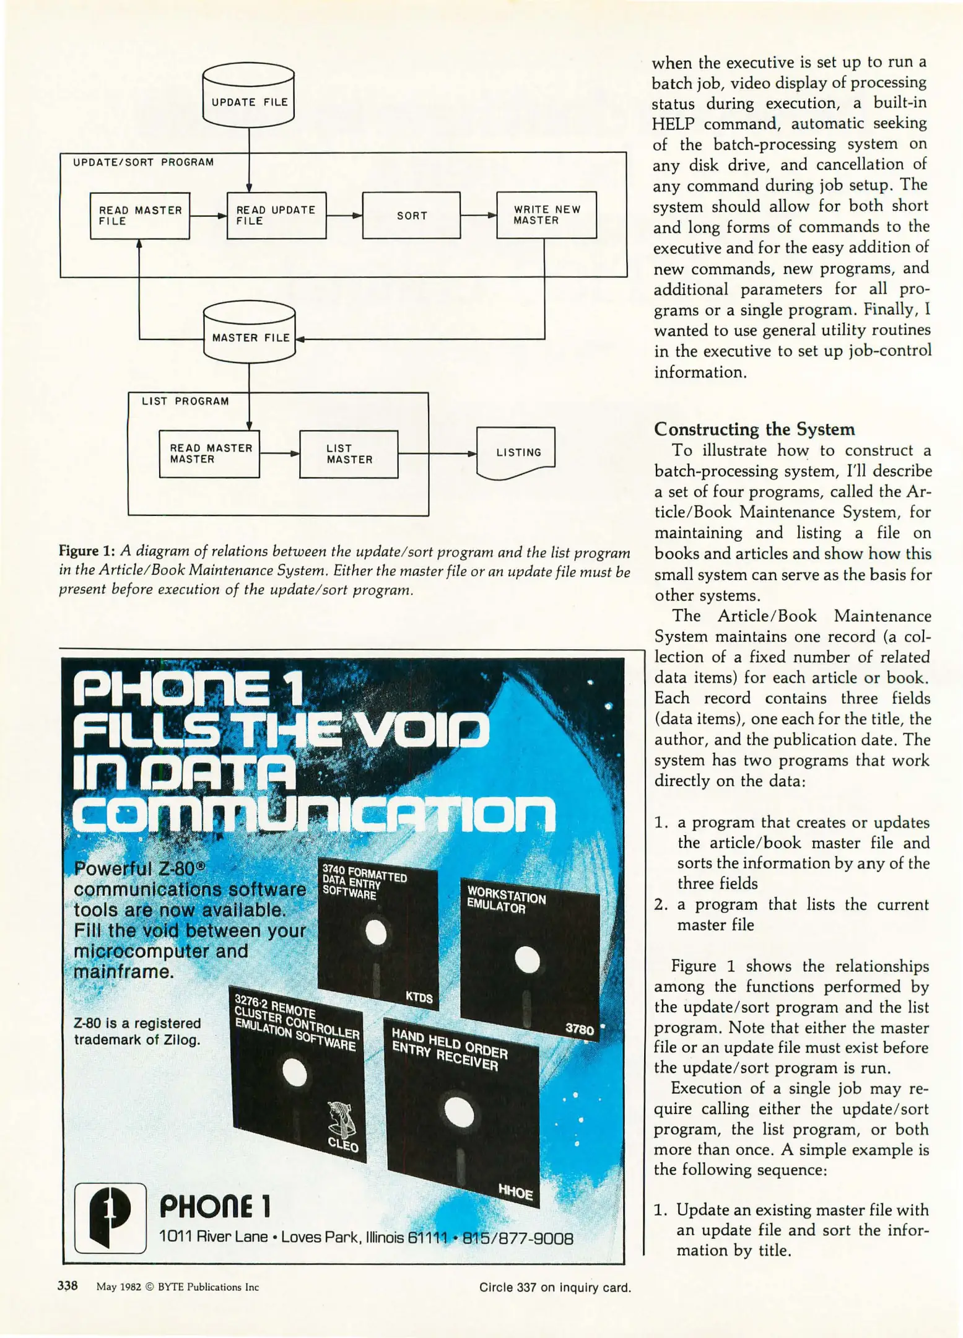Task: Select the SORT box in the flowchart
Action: [411, 215]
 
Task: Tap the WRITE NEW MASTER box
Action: [546, 215]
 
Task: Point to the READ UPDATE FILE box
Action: [276, 215]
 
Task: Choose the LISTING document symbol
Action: [516, 453]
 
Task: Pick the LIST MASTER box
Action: [349, 454]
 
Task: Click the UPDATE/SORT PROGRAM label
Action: [143, 162]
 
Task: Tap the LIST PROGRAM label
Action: [185, 401]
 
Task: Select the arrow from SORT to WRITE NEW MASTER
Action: [479, 216]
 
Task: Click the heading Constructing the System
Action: [754, 429]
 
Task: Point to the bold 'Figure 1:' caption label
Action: [87, 551]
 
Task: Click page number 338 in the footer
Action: [68, 1286]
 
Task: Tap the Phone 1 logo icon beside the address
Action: [110, 1218]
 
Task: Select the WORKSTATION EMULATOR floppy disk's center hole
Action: [527, 960]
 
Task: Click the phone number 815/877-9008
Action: [517, 1238]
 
